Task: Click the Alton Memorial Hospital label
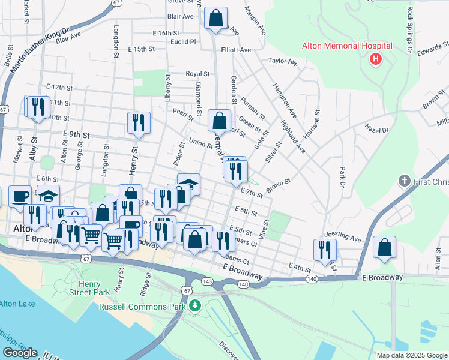[x=347, y=46]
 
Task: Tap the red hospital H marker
[x=376, y=59]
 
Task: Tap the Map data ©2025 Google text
[x=411, y=355]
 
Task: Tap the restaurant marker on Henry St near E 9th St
[x=139, y=122]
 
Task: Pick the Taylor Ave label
[x=283, y=61]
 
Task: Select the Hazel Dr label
[x=376, y=128]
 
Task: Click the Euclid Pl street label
[x=183, y=42]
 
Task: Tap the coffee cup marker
[x=20, y=196]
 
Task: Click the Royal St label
[x=197, y=74]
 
